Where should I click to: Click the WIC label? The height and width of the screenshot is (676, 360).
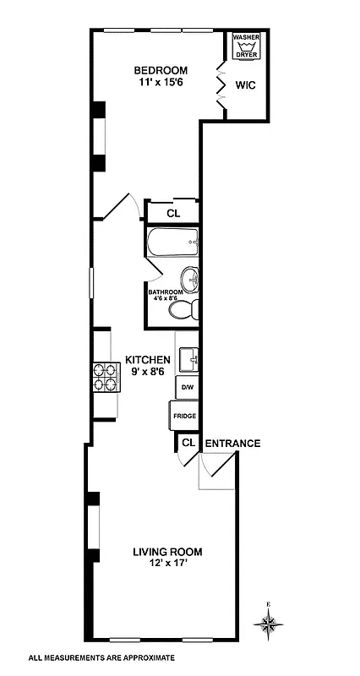coord(246,84)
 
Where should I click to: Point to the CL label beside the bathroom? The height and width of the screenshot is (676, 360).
coord(172,213)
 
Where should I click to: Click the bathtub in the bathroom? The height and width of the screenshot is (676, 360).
coord(172,243)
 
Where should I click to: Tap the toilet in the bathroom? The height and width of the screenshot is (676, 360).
coord(183,310)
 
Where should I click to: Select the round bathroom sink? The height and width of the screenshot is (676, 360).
coord(190,278)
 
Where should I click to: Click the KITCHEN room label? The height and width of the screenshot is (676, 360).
coord(148,359)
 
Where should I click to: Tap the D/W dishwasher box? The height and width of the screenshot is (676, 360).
coord(186,388)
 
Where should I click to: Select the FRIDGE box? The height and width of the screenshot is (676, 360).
coord(184,416)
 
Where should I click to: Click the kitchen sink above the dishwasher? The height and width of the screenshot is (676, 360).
coord(189,360)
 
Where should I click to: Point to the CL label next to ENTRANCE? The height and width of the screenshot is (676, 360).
coord(188,443)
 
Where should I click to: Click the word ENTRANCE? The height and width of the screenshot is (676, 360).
coord(232,443)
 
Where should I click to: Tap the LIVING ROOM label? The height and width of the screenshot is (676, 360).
coord(167,553)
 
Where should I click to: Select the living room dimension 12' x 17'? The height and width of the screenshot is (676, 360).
coord(167,565)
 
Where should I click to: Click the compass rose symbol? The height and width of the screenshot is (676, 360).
coord(270,624)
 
